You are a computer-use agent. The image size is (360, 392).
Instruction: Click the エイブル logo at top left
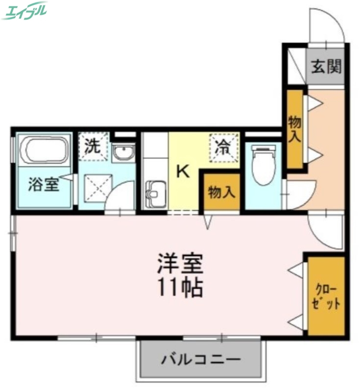click(x=24, y=10)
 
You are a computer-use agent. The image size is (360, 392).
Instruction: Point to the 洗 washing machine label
click(x=93, y=146)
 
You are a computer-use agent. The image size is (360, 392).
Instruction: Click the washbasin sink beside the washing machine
click(x=122, y=153)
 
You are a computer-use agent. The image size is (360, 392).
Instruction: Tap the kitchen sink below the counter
click(x=155, y=194)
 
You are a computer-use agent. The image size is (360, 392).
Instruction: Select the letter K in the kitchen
click(x=182, y=171)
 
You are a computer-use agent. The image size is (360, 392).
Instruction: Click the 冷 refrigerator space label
click(x=224, y=146)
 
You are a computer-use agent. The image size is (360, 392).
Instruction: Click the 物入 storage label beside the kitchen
click(x=222, y=192)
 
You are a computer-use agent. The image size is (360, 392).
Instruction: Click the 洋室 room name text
click(x=180, y=266)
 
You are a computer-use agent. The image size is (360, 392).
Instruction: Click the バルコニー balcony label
click(x=201, y=360)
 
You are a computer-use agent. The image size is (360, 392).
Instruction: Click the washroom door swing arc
click(x=120, y=196)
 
